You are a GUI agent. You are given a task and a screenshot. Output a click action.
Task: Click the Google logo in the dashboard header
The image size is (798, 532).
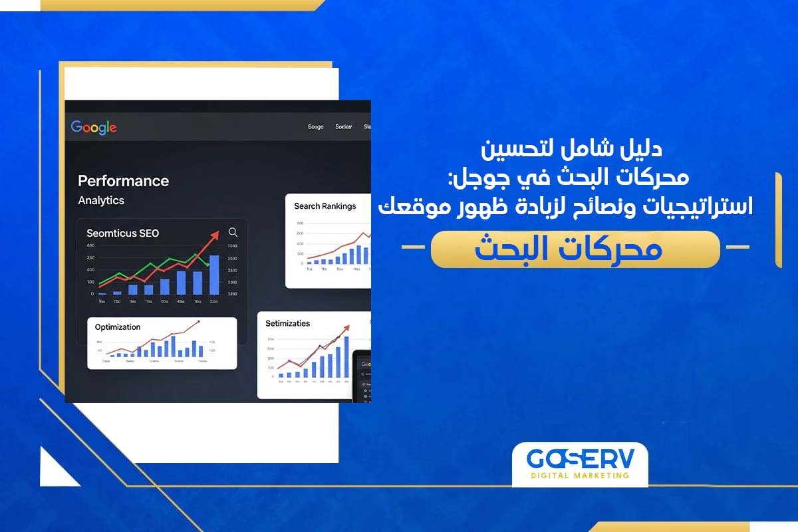pyautogui.click(x=94, y=127)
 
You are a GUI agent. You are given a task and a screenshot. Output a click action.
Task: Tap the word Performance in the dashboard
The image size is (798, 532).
pyautogui.click(x=123, y=181)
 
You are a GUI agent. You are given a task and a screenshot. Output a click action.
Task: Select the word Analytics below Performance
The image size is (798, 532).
pyautogui.click(x=101, y=200)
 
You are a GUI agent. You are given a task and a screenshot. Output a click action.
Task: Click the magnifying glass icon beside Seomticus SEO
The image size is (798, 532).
pyautogui.click(x=233, y=232)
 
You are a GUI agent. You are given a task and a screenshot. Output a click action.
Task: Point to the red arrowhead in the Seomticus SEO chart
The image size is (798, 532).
pyautogui.click(x=215, y=234)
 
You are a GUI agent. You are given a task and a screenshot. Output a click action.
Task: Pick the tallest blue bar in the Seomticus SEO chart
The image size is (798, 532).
pyautogui.click(x=214, y=275)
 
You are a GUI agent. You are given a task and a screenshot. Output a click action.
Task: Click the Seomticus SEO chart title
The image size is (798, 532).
pyautogui.click(x=122, y=233)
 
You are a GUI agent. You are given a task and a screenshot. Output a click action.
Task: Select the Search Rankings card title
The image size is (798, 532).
pyautogui.click(x=325, y=206)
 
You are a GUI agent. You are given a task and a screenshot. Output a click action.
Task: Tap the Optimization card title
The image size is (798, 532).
pyautogui.click(x=118, y=327)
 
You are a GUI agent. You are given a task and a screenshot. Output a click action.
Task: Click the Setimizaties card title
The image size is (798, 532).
pyautogui.click(x=287, y=323)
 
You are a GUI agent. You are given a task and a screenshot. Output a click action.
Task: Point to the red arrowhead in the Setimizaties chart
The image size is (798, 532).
pyautogui.click(x=346, y=328)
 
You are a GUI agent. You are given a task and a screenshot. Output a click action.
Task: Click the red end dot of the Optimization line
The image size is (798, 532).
pyautogui.click(x=198, y=323)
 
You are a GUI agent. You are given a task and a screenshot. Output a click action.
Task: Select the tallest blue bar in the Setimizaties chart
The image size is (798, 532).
pyautogui.click(x=346, y=356)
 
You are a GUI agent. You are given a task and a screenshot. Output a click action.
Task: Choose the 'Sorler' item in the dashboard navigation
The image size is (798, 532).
pyautogui.click(x=343, y=126)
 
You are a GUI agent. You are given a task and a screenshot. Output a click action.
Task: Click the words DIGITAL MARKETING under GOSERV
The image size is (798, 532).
pyautogui.click(x=580, y=476)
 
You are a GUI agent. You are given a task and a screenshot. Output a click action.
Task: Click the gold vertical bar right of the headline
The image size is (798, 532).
pyautogui.click(x=778, y=219)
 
